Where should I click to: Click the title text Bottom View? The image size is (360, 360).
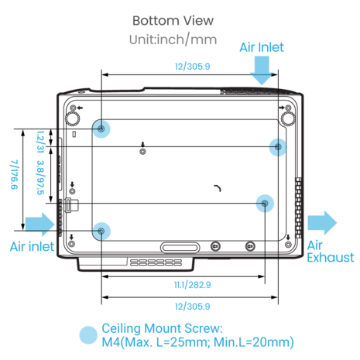(x=173, y=21)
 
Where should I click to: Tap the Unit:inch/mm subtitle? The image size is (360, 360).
(x=173, y=39)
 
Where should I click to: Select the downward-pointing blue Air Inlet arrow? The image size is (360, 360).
(x=262, y=70)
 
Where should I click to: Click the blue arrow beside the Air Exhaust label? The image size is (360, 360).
(x=322, y=223)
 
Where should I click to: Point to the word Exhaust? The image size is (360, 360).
(x=331, y=258)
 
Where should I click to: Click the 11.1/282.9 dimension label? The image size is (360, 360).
(x=193, y=285)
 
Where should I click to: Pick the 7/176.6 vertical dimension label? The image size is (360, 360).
(x=14, y=174)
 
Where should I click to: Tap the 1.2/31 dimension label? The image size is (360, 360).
(x=40, y=142)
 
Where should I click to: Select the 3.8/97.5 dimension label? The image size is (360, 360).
(x=40, y=177)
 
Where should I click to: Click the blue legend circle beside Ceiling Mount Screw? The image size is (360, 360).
(x=88, y=335)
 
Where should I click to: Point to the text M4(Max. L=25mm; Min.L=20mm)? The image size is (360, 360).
(x=198, y=342)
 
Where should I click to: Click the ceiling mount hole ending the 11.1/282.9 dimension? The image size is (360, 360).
(x=265, y=204)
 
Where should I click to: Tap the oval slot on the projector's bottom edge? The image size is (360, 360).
(x=180, y=248)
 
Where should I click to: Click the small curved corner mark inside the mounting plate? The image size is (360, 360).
(x=218, y=187)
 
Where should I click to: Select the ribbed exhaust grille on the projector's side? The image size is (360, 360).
(x=298, y=207)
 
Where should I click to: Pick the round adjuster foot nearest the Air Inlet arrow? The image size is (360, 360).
(x=288, y=119)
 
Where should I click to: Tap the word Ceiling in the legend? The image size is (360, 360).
(x=122, y=329)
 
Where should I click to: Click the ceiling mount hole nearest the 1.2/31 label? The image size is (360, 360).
(x=101, y=129)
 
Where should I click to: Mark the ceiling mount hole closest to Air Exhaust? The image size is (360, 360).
(x=278, y=147)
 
